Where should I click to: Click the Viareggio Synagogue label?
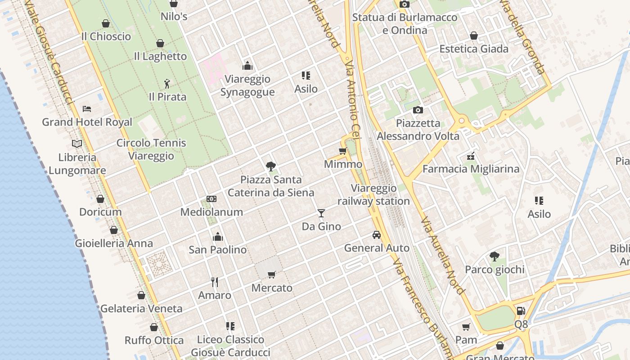(247, 85)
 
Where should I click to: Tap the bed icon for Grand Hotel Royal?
(87, 109)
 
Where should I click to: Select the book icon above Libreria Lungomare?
(77, 144)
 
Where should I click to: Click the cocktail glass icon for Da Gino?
(321, 213)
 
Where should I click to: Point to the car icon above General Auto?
(377, 234)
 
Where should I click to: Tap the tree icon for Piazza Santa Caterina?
(270, 166)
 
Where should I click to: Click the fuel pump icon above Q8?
(521, 310)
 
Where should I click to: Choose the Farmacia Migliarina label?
(471, 169)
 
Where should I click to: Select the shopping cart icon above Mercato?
(271, 274)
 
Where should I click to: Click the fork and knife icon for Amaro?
(215, 282)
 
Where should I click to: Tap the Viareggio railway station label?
(373, 194)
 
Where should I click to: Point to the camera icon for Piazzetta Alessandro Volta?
(418, 110)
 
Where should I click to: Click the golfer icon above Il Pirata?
(167, 84)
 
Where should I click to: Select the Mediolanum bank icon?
(211, 199)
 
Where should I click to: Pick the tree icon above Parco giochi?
(494, 256)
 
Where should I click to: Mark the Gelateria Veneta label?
(141, 309)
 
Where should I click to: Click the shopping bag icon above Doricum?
(100, 199)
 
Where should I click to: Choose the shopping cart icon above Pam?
(466, 327)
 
